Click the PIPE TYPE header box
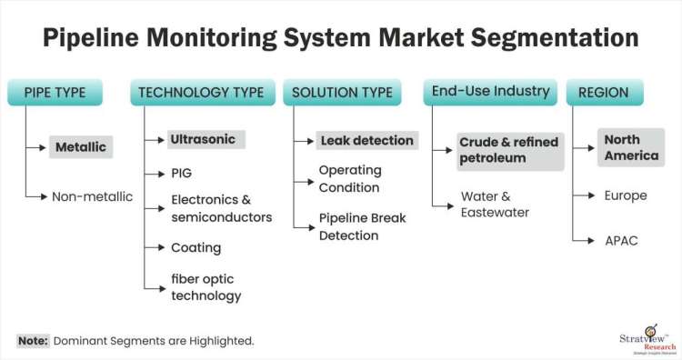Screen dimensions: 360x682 click(x=54, y=92)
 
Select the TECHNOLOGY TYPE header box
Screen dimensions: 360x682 click(x=203, y=92)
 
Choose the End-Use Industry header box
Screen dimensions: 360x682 click(x=489, y=92)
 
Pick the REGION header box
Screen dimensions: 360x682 click(x=605, y=92)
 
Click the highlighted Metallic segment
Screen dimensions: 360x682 click(x=81, y=146)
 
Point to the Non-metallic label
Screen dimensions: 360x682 click(x=92, y=195)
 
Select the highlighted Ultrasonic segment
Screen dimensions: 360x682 click(x=202, y=140)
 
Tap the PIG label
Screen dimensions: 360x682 click(x=181, y=173)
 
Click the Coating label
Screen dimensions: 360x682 click(x=196, y=247)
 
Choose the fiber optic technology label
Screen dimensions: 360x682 click(x=206, y=287)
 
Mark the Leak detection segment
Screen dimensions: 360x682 click(x=366, y=141)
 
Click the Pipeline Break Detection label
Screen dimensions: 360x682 click(x=361, y=227)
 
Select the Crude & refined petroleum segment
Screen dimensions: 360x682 click(x=508, y=150)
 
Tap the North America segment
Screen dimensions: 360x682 click(x=631, y=147)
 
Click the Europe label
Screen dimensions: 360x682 click(x=626, y=195)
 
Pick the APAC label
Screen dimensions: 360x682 click(x=621, y=240)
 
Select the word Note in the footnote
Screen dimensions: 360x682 click(x=32, y=341)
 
